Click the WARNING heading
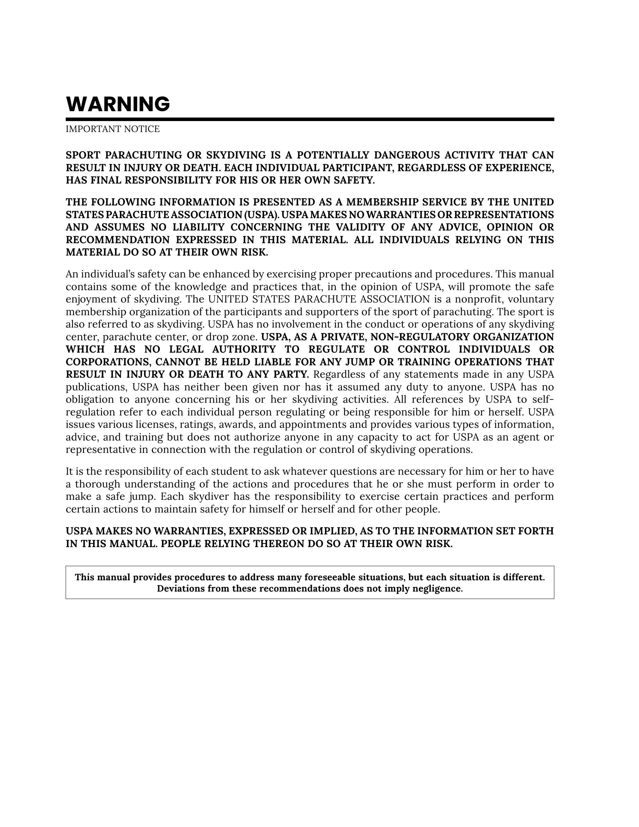[118, 104]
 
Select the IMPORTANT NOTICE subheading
[113, 129]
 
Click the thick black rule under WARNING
[310, 119]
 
